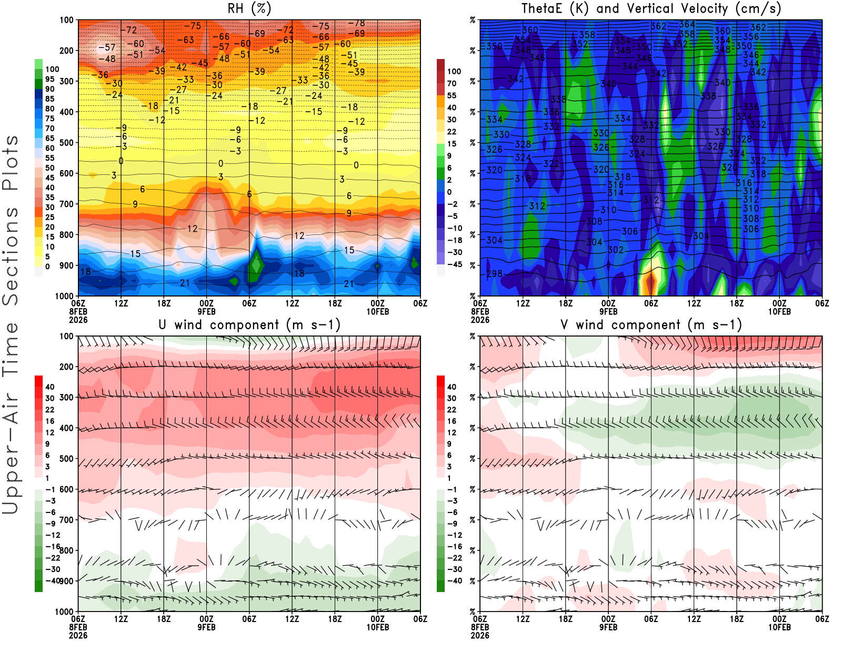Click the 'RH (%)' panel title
[249, 8]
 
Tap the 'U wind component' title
[249, 324]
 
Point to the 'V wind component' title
[651, 324]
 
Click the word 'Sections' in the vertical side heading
[11, 255]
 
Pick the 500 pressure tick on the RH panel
[67, 143]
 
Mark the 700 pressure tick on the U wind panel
[67, 520]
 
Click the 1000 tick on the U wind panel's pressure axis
[65, 611]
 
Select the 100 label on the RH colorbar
[52, 70]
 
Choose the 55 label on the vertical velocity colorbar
[452, 95]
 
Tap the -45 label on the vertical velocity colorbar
[454, 264]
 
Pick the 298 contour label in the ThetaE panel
[494, 274]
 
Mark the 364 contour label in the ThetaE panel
[687, 24]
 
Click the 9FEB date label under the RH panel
[207, 311]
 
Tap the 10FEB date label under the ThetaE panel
[779, 311]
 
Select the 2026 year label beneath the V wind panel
[480, 635]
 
